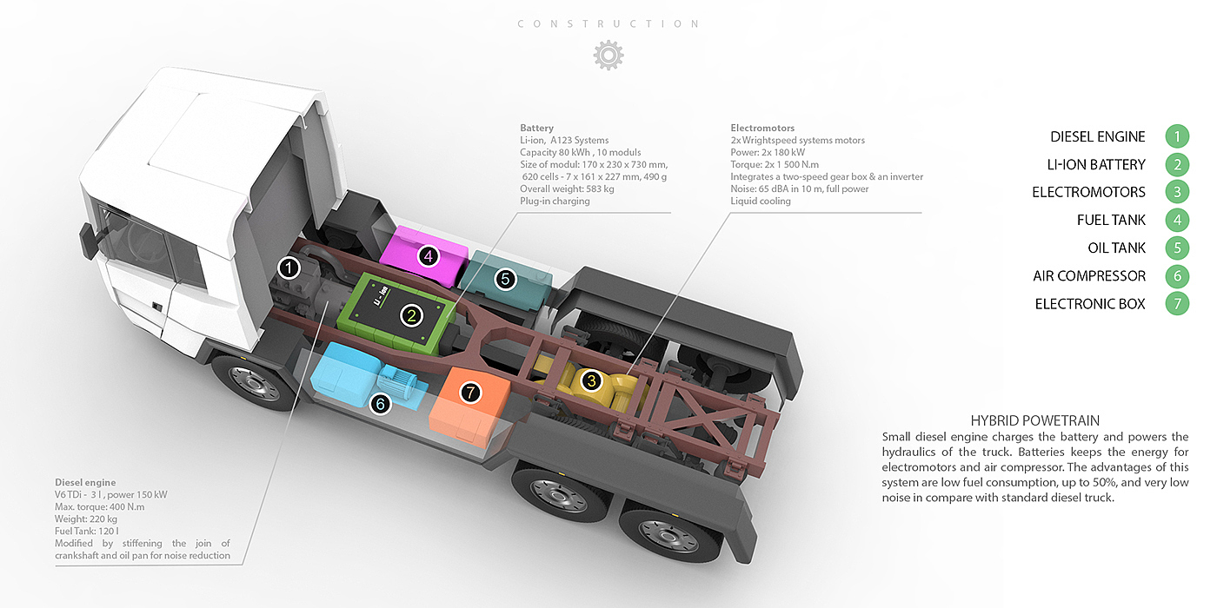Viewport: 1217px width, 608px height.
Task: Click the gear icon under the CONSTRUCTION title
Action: pos(608,55)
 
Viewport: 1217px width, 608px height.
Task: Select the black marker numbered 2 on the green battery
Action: pos(411,316)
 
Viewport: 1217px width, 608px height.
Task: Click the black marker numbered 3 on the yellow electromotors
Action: pos(591,380)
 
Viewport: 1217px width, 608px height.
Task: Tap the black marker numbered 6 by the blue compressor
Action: pos(380,404)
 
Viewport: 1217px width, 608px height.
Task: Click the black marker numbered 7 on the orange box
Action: pos(470,393)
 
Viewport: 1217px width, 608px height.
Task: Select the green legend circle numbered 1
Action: pos(1177,136)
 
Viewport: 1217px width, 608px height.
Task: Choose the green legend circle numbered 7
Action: pos(1177,304)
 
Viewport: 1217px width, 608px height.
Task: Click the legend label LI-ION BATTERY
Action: pos(1096,164)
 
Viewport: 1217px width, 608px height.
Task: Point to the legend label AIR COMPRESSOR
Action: pos(1089,276)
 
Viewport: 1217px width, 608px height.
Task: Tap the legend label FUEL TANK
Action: pos(1111,221)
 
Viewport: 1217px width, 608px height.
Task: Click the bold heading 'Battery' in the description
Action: pos(536,128)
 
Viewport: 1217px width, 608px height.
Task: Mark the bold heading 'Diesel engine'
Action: pos(85,482)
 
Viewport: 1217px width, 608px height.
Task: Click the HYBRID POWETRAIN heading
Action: pos(1035,420)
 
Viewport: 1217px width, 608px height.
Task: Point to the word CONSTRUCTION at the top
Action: pos(608,23)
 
